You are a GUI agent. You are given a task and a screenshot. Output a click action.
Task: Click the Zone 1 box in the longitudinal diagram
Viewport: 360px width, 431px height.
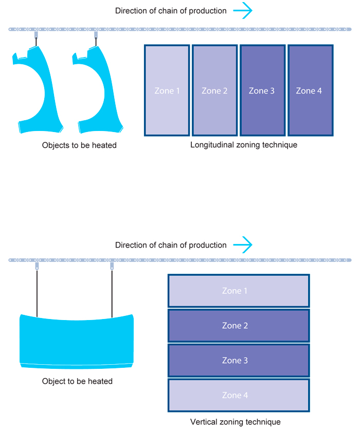pyautogui.click(x=167, y=90)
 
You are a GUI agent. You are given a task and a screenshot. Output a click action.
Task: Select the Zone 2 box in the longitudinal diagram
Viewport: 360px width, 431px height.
pyautogui.click(x=214, y=90)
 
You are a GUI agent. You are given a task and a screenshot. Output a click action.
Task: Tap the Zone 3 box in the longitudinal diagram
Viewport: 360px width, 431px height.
pyautogui.click(x=262, y=90)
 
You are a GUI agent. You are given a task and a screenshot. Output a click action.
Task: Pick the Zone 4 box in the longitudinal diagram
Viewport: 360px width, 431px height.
pyautogui.click(x=310, y=90)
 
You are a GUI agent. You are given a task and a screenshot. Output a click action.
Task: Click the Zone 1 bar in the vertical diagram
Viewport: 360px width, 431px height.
pyautogui.click(x=239, y=291)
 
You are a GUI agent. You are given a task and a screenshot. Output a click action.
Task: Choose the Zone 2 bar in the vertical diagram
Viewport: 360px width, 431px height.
pyautogui.click(x=239, y=326)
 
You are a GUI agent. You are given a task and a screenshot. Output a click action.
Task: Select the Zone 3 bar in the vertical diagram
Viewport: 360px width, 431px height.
pyautogui.click(x=239, y=361)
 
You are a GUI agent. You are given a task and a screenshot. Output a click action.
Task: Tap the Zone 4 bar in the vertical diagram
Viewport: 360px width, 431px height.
pyautogui.click(x=239, y=396)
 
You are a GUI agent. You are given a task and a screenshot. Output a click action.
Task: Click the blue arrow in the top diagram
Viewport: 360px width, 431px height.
pyautogui.click(x=242, y=11)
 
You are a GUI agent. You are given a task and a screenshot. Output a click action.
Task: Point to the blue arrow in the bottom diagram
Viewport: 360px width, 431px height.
pyautogui.click(x=242, y=245)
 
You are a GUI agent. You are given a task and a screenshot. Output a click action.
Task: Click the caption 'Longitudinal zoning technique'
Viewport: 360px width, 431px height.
pyautogui.click(x=244, y=145)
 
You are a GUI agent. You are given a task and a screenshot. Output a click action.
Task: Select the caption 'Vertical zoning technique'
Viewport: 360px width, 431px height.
pyautogui.click(x=236, y=422)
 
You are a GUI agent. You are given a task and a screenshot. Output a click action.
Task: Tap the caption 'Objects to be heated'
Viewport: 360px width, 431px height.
pyautogui.click(x=79, y=145)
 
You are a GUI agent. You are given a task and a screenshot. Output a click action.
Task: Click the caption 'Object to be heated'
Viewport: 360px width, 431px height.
pyautogui.click(x=77, y=381)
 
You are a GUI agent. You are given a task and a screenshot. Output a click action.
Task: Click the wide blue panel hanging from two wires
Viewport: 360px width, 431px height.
pyautogui.click(x=77, y=339)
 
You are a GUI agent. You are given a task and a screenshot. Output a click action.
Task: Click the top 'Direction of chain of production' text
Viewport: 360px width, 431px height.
pyautogui.click(x=171, y=11)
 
